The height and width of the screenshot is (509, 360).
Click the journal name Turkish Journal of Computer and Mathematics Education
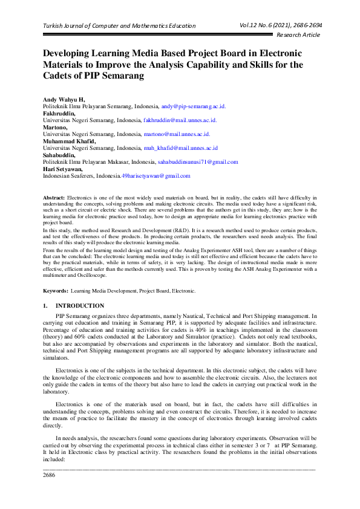119,25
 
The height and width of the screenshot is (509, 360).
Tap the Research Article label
299,35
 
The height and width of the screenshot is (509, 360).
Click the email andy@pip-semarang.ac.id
193,106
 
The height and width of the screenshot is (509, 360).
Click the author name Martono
55,127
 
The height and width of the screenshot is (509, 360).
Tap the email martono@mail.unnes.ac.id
177,134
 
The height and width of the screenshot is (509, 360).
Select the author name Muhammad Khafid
68,141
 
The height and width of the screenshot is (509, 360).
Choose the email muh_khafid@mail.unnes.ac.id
180,148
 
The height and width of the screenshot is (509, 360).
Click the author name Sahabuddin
59,155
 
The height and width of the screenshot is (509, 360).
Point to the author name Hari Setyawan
63,169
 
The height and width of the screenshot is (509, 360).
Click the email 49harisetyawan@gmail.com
156,176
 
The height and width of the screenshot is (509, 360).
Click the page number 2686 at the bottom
49,475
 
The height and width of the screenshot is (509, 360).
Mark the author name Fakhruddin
59,113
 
